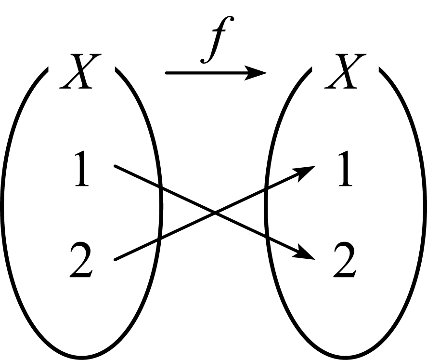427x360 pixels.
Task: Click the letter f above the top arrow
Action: pyautogui.click(x=217, y=40)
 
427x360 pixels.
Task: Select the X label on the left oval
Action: pyautogui.click(x=80, y=71)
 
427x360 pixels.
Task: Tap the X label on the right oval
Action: pyautogui.click(x=345, y=71)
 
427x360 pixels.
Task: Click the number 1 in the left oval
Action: pyautogui.click(x=82, y=169)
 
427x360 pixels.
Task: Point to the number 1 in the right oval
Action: pyautogui.click(x=346, y=169)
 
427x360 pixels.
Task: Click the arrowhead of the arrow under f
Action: pyautogui.click(x=256, y=73)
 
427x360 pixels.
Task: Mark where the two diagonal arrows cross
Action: pyautogui.click(x=215, y=213)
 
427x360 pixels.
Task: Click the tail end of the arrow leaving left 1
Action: pyautogui.click(x=115, y=165)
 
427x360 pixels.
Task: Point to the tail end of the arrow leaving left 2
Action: pyautogui.click(x=115, y=260)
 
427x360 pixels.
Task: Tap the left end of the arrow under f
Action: pyautogui.click(x=166, y=73)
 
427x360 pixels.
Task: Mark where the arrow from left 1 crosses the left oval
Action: pyautogui.click(x=161, y=187)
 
